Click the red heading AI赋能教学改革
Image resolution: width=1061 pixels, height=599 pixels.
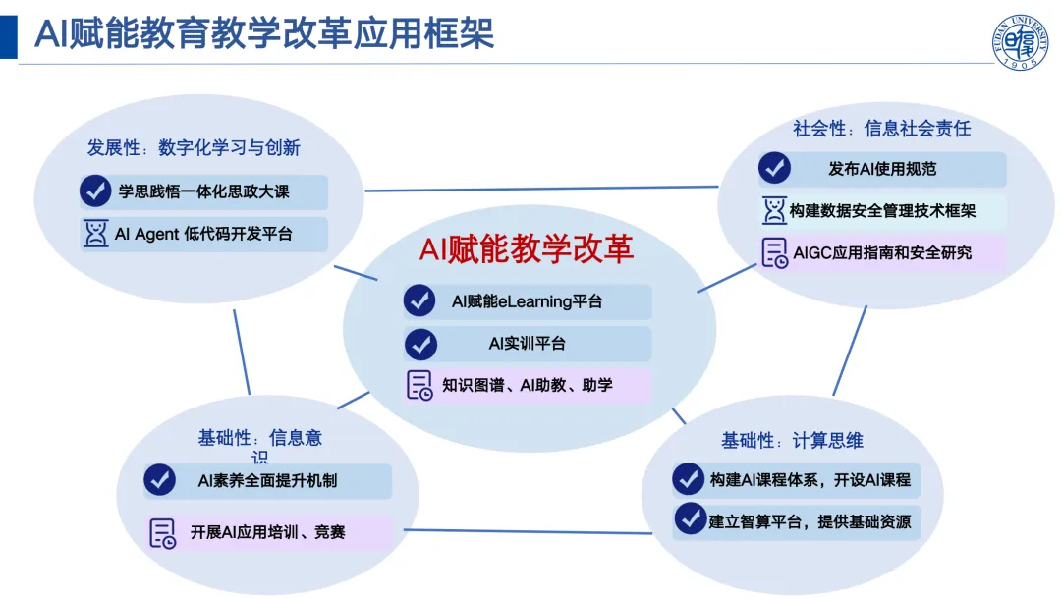point(527,248)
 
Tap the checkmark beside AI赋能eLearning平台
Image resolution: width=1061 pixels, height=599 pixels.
point(419,300)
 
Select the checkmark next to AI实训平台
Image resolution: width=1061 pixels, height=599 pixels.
point(420,344)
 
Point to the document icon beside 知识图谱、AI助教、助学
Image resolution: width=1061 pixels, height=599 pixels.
point(419,385)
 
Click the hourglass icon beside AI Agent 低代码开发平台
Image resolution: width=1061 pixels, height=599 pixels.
point(95,234)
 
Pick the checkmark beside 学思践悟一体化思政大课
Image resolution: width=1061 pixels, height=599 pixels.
point(95,191)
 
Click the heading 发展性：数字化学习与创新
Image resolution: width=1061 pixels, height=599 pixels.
point(194,147)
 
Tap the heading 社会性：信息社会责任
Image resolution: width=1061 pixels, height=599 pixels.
point(881,128)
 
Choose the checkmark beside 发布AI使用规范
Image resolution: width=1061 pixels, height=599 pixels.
point(775,168)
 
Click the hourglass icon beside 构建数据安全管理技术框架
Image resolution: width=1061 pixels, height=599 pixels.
point(774,210)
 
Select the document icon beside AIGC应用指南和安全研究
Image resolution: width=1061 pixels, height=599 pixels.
point(775,252)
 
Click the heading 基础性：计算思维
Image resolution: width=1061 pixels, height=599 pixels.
point(792,441)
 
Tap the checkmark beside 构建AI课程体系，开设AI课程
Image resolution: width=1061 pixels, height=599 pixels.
point(688,479)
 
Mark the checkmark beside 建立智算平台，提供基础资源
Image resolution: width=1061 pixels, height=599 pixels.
point(691,518)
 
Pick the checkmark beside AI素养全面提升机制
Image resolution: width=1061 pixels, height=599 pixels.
point(160,480)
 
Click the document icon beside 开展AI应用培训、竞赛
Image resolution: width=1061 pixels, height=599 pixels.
point(162,533)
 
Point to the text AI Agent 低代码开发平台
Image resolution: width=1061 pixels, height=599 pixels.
point(203,234)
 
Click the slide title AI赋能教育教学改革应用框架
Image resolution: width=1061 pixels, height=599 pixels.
point(264,33)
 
